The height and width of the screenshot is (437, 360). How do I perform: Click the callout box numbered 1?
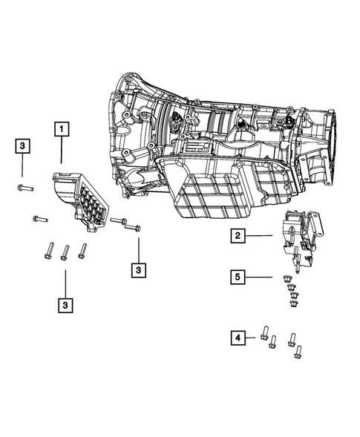(61, 129)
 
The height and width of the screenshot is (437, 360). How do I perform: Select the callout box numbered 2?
(237, 237)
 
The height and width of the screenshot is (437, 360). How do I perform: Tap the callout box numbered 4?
(237, 338)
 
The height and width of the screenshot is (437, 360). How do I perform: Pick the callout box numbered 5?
(237, 277)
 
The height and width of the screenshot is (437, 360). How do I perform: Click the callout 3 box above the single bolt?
(23, 147)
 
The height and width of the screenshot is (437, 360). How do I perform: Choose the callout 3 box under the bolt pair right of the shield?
(138, 270)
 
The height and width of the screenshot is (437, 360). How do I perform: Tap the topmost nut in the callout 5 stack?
(287, 277)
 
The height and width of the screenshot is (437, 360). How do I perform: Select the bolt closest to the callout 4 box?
(264, 332)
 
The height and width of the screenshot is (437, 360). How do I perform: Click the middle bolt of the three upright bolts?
(65, 252)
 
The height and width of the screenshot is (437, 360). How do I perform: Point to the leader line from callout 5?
(260, 277)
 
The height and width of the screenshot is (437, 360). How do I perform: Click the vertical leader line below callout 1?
(61, 151)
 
